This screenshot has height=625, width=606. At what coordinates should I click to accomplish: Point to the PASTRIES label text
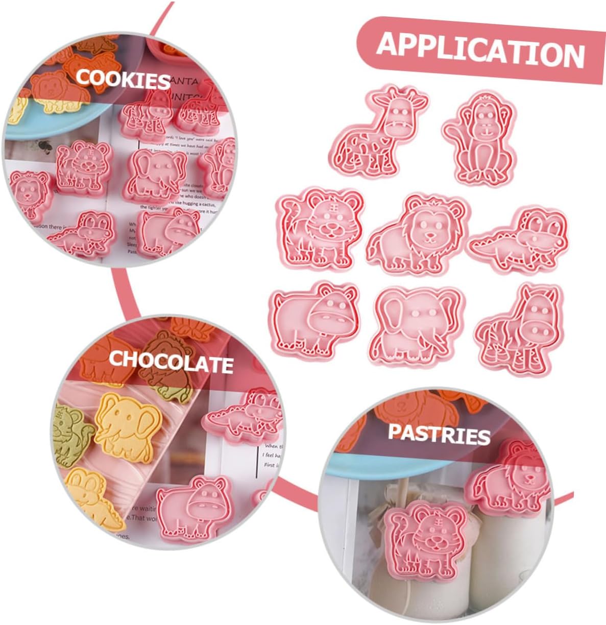pyautogui.click(x=439, y=434)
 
